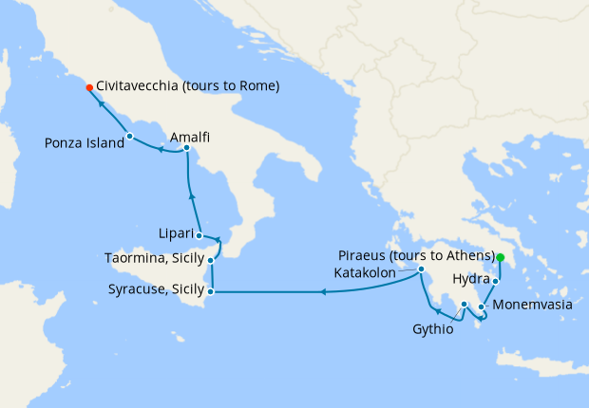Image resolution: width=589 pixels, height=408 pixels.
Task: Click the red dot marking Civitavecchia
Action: coord(89,87)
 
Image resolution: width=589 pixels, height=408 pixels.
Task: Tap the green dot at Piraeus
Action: coord(501,257)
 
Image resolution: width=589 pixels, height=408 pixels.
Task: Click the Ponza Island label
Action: coord(85,143)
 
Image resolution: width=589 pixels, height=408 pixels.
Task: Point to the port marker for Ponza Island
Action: coord(130,137)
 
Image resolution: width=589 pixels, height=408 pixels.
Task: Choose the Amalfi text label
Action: coord(190,137)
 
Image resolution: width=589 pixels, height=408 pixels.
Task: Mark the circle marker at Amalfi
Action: coord(187,148)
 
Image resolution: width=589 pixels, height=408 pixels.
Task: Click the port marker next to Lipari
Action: coord(199,235)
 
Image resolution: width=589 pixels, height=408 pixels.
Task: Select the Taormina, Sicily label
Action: coord(154,258)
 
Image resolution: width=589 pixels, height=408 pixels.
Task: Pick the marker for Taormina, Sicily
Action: coord(211,259)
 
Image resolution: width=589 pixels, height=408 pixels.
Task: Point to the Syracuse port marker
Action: coord(211,291)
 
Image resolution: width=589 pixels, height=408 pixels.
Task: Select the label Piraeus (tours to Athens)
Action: coord(416,256)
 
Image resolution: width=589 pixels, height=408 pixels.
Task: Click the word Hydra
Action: coord(471,281)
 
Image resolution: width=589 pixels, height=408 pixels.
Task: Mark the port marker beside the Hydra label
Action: coord(496,282)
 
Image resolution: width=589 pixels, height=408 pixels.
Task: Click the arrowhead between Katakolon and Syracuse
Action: coord(323,291)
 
